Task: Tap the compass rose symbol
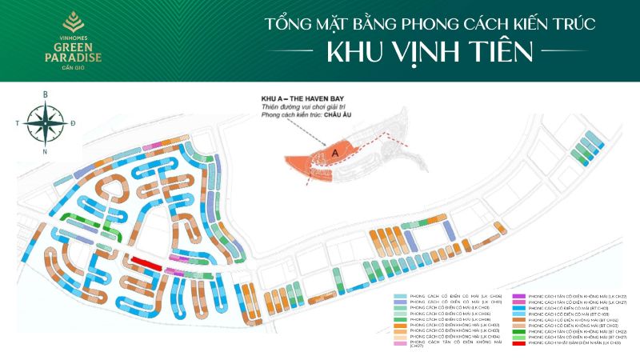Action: coord(45,122)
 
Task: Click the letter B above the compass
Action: coord(46,94)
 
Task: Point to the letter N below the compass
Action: coord(45,151)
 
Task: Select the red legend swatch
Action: coord(519,342)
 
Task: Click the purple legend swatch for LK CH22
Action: coord(519,296)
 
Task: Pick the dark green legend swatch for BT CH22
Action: coord(519,330)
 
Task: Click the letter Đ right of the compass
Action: coord(74,122)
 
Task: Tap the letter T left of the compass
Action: coord(17,123)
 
